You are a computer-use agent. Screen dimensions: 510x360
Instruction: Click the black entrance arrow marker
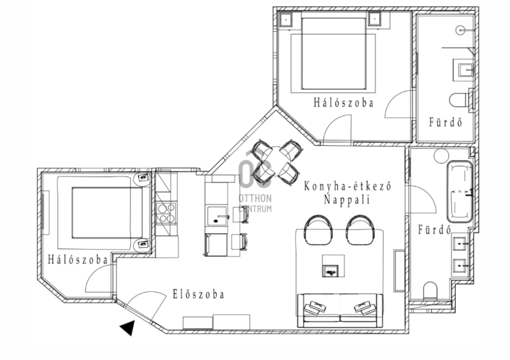(129, 328)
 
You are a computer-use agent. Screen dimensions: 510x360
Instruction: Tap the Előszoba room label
(198, 294)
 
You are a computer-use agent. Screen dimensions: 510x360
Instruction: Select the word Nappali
(347, 199)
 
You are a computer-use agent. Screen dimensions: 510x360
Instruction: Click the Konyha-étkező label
(347, 186)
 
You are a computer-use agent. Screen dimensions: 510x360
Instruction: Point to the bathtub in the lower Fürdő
(460, 192)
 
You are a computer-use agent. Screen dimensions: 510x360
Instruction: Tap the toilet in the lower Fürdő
(430, 291)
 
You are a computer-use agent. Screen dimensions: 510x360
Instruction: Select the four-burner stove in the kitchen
(166, 213)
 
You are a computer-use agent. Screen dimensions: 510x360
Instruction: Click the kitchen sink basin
(217, 215)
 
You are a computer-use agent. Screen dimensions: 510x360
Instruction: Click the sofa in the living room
(340, 310)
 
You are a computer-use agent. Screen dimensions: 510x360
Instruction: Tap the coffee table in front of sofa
(333, 266)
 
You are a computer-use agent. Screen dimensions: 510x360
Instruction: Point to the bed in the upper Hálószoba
(333, 53)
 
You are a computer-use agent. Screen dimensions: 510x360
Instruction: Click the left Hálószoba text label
(78, 259)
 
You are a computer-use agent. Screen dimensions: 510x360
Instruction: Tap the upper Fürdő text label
(446, 122)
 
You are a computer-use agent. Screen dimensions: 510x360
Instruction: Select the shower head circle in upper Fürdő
(460, 30)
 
